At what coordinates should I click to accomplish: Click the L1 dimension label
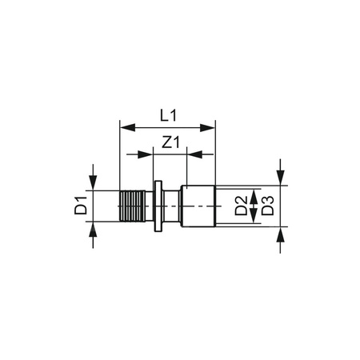coord(166,115)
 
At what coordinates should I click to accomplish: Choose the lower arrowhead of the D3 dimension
coord(281,237)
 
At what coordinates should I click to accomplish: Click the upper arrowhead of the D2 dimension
coord(254,194)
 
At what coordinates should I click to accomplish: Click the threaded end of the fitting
coord(131,207)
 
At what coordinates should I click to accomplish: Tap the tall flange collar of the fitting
coord(159,207)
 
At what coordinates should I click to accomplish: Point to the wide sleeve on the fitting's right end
coord(200,207)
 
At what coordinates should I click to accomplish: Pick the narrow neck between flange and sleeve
coord(174,207)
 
